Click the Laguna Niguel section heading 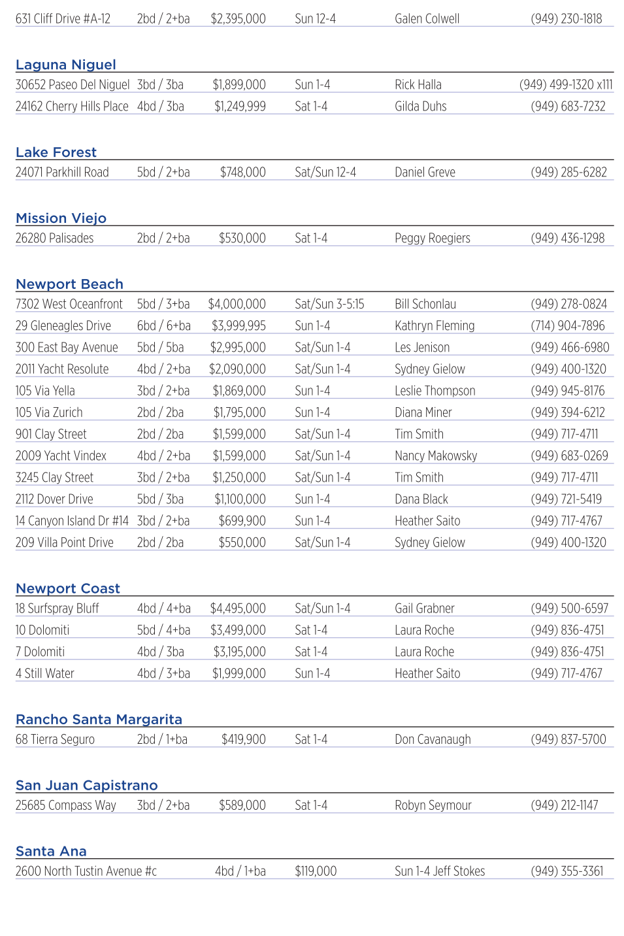(x=66, y=65)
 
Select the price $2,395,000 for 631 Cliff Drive (x=238, y=19)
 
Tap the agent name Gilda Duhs (x=420, y=107)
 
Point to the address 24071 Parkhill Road (x=62, y=173)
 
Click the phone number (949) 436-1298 (x=567, y=239)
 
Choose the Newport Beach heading (x=69, y=284)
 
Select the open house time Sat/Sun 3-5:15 (x=329, y=305)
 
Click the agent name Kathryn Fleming (x=435, y=326)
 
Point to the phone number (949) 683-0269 (x=569, y=456)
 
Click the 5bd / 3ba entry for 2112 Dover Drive (x=160, y=499)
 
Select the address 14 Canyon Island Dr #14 (x=72, y=521)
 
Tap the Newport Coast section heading (x=68, y=589)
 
